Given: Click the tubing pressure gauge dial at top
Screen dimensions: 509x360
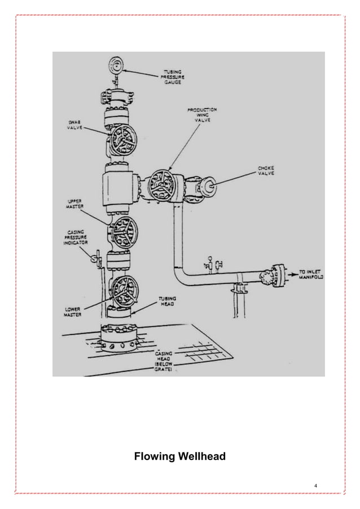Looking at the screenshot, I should point(117,64).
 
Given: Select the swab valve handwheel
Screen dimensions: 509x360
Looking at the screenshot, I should point(122,139).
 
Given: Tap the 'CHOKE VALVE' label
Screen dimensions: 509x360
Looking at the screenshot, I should point(266,171).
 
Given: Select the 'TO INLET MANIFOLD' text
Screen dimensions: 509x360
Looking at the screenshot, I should point(307,275).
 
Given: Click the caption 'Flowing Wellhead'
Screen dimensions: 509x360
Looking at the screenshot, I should point(179,456).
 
